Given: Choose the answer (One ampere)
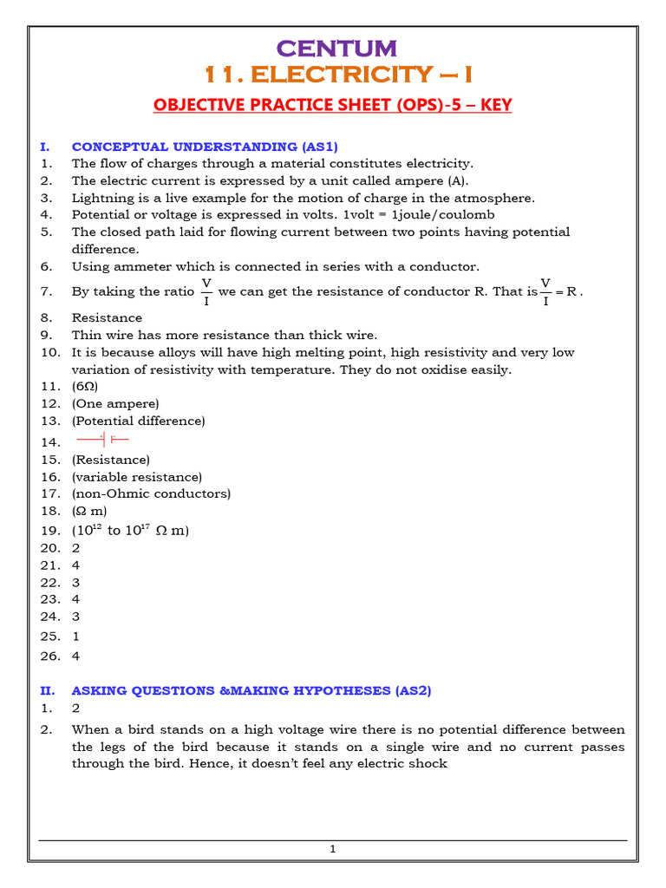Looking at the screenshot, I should click(x=115, y=403).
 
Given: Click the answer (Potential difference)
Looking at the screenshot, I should click(x=138, y=421).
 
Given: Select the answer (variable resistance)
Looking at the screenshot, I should click(x=136, y=477).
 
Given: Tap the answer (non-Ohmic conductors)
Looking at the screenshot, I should click(x=151, y=493).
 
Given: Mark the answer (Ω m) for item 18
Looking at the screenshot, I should click(x=89, y=511).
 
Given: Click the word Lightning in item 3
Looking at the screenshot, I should click(x=100, y=198).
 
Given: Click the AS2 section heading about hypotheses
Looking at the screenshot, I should click(x=251, y=690).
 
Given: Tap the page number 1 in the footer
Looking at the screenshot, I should click(x=332, y=849).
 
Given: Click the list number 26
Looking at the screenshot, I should click(x=49, y=656).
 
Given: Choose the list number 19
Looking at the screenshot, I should click(x=49, y=530).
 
